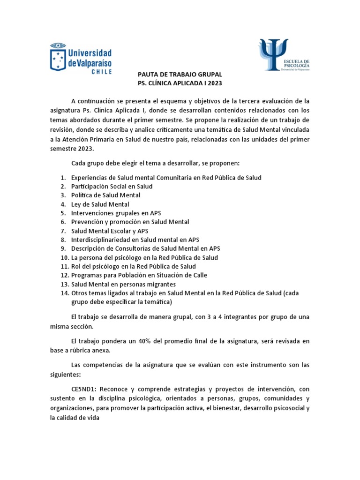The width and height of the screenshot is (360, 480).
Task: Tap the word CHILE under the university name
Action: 101,72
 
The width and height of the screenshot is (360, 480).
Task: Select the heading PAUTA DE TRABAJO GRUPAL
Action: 180,75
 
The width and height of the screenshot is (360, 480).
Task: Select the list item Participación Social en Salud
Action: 112,187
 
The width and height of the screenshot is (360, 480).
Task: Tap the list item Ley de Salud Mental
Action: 100,204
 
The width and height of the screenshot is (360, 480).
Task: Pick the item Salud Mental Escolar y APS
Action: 110,231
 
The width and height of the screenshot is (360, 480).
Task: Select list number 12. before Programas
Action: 64,275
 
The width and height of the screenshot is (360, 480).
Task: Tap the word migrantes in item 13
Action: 160,284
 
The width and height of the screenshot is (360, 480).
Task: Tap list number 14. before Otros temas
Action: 64,293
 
